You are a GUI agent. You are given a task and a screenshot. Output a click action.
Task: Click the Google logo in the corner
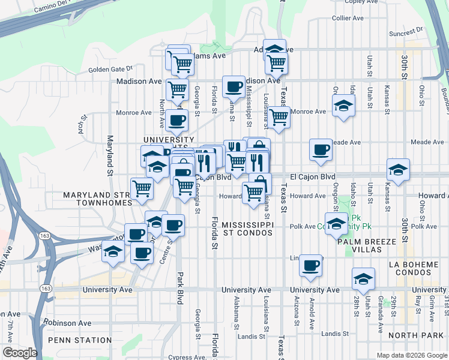click(19, 353)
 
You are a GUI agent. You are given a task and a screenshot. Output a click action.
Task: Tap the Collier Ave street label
click(348, 19)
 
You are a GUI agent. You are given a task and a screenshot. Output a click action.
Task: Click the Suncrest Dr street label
click(406, 34)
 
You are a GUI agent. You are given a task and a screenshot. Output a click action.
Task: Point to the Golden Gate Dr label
click(110, 70)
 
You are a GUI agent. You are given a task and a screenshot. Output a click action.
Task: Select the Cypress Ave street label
click(188, 357)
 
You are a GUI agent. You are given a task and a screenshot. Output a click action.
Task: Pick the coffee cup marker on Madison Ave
click(233, 86)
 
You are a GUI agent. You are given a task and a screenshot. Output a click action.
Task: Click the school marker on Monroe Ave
click(343, 106)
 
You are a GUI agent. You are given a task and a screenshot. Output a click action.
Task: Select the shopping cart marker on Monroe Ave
click(279, 118)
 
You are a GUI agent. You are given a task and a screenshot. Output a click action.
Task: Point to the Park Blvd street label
click(179, 288)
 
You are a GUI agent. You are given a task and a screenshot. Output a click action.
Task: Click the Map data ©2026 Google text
click(411, 355)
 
